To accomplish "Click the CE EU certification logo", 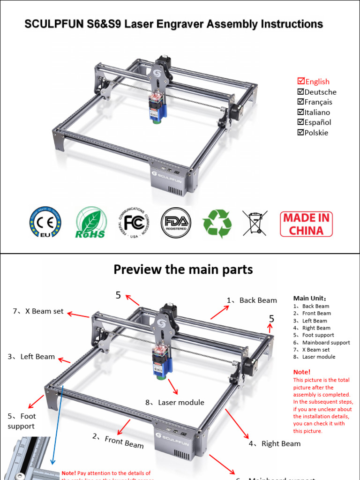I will coord(45,222).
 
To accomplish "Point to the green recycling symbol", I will coord(217,223).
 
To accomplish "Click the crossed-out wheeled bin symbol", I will coord(255,223).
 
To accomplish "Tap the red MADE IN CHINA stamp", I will coord(306,224).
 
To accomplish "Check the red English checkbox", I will coord(301,82).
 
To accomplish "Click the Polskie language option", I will coord(316,133).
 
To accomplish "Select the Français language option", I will coord(318,102).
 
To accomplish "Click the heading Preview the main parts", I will coord(183,270).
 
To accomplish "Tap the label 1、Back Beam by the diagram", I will coord(252,300).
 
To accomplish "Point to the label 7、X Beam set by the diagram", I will coord(38,311).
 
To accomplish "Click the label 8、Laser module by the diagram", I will coord(175,402).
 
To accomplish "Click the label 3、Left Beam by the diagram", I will coord(31,357).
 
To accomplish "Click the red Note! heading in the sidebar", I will coord(301,372).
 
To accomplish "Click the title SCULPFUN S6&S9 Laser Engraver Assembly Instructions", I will coord(173,24).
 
